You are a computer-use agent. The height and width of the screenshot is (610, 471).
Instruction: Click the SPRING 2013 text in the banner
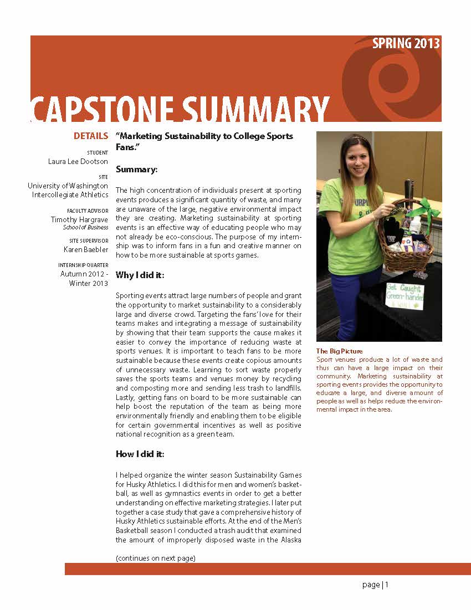click(x=406, y=44)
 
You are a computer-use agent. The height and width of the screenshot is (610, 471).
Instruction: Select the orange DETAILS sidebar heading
click(x=91, y=136)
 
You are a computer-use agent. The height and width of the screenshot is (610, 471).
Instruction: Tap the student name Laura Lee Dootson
click(x=78, y=161)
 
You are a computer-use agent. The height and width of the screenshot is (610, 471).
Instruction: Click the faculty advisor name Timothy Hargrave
click(x=79, y=219)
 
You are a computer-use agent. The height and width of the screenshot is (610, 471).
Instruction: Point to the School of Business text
click(x=85, y=227)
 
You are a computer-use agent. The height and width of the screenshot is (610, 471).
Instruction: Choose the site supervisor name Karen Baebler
click(x=86, y=249)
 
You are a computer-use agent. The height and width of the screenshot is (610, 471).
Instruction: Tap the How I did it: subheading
click(x=140, y=454)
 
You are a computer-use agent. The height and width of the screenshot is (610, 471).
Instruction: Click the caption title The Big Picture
click(x=339, y=351)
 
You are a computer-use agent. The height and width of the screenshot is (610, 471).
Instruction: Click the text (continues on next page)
click(x=155, y=558)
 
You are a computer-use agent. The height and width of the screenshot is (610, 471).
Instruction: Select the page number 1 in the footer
click(x=387, y=585)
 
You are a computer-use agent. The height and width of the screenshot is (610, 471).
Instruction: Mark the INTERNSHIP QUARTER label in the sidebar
click(x=83, y=265)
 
